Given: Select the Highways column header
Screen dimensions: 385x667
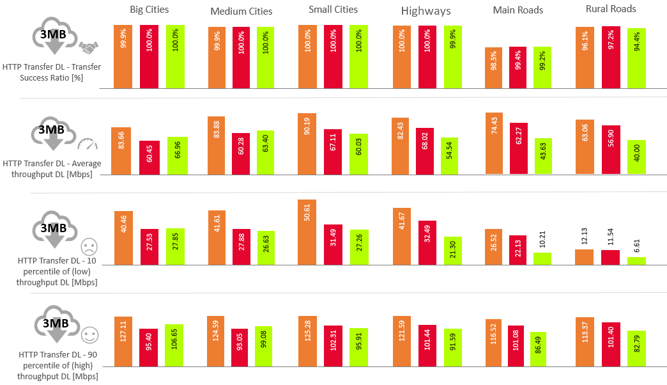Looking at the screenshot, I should (425, 11).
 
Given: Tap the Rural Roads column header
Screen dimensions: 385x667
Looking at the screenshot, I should (611, 9).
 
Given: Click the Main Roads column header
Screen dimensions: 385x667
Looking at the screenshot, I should (518, 10).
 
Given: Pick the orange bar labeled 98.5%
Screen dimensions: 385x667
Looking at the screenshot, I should (494, 68).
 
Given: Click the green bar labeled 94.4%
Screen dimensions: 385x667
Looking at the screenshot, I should (636, 58).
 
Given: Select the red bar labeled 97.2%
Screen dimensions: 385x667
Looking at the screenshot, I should (611, 58).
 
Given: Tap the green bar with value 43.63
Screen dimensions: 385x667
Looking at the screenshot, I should (542, 156).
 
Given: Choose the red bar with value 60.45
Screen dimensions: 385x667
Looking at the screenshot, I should (149, 157).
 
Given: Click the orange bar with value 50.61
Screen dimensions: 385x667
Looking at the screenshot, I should (307, 232).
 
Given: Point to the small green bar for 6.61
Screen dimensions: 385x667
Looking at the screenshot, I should (636, 260).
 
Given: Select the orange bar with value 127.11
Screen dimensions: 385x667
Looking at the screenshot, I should (123, 341).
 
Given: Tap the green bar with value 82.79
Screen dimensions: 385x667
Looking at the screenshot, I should (636, 348).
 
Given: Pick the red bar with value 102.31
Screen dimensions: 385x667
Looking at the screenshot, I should (333, 345).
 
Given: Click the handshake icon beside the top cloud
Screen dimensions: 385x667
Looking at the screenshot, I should (88, 47).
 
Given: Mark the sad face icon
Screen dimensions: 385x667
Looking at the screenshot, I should (89, 246).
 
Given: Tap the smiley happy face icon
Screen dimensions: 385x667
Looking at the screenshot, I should (89, 334).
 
